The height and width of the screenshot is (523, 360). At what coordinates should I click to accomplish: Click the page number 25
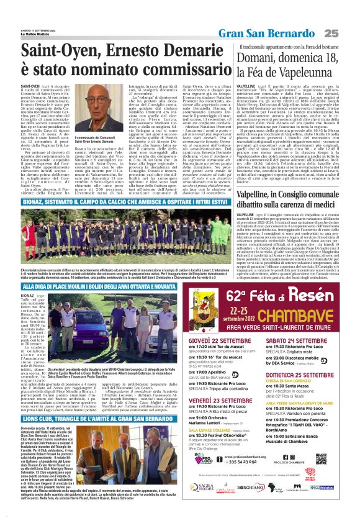click(347, 15)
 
